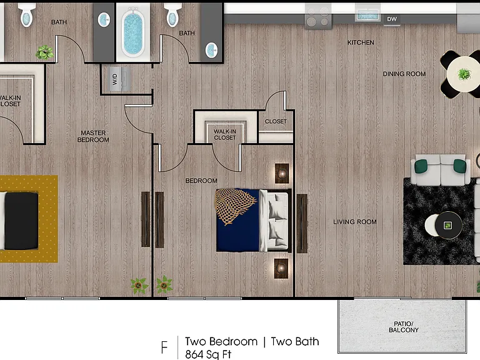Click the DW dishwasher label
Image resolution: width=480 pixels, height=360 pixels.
point(392,19)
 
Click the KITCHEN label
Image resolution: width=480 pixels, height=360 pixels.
point(361,42)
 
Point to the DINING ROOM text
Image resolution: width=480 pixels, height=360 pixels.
point(404,74)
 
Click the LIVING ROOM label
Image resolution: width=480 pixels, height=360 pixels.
point(355,222)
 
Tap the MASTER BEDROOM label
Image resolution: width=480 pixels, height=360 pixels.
point(93,136)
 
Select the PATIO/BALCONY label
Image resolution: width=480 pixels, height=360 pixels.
point(404,327)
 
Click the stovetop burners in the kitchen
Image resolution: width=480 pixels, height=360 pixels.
point(318,17)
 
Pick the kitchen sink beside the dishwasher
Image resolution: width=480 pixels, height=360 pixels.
point(367,14)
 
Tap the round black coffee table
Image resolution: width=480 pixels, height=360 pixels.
point(449,225)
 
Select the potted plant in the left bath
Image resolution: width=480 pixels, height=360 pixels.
point(45,52)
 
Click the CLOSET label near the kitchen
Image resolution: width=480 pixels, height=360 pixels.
point(276,121)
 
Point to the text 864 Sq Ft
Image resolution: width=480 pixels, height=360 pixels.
point(208,354)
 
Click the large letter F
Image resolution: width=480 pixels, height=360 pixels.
point(164,347)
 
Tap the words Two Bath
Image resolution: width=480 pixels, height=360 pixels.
point(295,341)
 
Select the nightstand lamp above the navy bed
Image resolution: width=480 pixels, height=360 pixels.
point(282,173)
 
